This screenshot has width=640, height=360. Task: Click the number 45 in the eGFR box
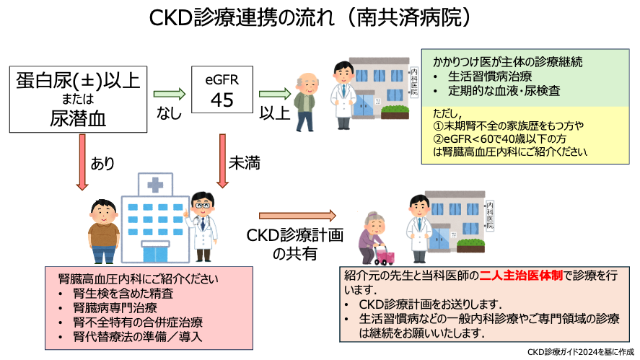(222, 100)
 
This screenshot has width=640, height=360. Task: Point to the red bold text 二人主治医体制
(518, 275)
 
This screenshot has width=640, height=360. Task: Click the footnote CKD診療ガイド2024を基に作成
(580, 352)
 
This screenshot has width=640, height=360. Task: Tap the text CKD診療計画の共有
(294, 244)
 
